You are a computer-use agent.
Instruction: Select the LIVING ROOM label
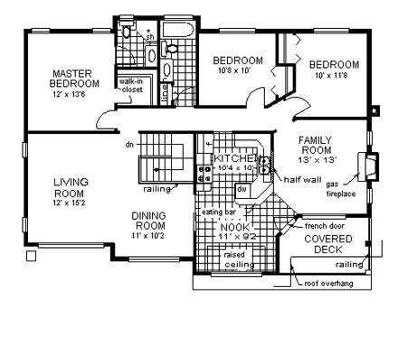[x=70, y=187]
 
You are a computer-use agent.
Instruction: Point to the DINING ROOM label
[x=148, y=221]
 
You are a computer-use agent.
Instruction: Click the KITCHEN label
[x=235, y=158]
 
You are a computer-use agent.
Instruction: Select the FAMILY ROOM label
[x=317, y=147]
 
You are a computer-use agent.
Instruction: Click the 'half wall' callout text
[x=300, y=179]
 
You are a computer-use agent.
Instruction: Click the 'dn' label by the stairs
[x=130, y=144]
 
